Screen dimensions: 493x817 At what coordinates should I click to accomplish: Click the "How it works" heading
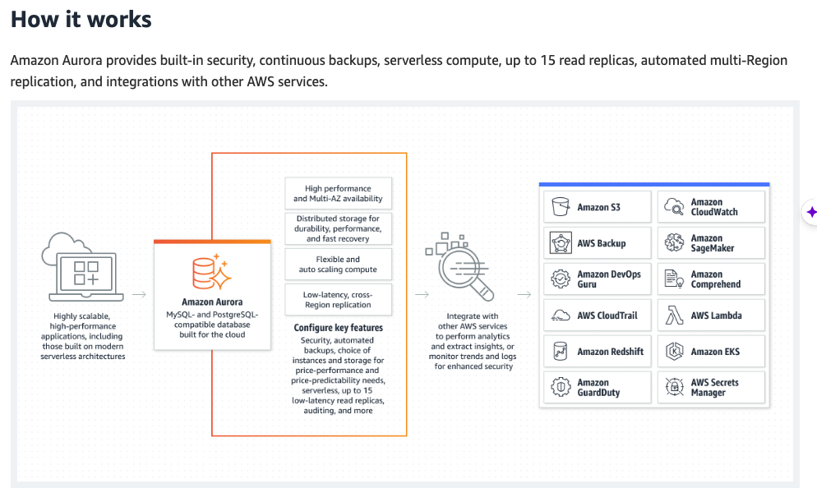81,19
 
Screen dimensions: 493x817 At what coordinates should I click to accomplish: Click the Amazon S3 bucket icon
561,207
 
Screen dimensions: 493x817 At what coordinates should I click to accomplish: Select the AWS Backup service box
597,243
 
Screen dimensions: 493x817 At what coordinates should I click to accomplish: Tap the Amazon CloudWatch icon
675,207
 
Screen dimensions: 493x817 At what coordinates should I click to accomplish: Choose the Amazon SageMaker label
712,243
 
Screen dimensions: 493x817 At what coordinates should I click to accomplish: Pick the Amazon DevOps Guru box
597,279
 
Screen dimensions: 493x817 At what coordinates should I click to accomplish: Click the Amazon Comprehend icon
675,279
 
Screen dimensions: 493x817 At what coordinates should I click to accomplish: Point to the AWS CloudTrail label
607,316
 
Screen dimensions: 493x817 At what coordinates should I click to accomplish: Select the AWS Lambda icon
675,316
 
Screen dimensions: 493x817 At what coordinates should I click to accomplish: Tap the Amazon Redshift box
597,352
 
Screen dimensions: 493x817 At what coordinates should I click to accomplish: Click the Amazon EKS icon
675,352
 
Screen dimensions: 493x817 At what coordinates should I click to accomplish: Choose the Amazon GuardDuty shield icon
561,388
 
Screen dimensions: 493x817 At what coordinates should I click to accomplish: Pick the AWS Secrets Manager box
711,388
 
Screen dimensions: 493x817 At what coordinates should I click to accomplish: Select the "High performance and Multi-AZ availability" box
338,194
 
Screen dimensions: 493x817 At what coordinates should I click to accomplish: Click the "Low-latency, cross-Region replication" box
338,300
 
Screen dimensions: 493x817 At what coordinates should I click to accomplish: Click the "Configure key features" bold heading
338,328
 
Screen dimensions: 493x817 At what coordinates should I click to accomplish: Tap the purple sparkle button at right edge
811,212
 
